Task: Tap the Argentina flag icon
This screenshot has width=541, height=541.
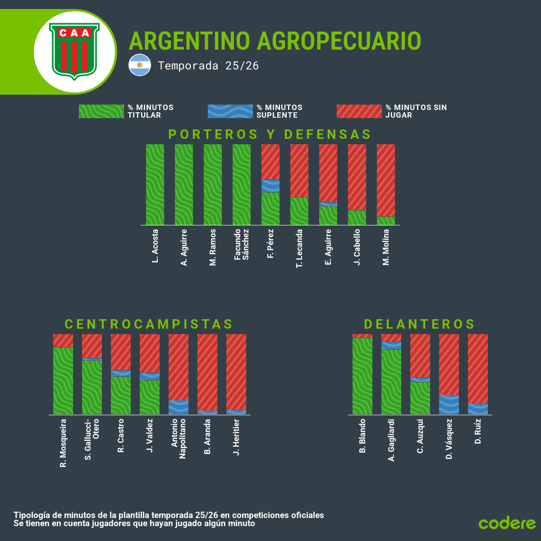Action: click(x=140, y=65)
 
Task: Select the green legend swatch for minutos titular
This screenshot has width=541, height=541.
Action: click(x=101, y=111)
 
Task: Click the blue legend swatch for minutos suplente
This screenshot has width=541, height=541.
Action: click(x=230, y=111)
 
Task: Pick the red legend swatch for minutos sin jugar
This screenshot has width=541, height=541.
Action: click(x=359, y=111)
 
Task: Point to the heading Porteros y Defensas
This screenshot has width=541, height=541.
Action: click(x=270, y=134)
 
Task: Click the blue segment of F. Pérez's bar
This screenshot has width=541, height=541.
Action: click(x=270, y=186)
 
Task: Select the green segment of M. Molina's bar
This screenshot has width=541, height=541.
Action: click(x=386, y=221)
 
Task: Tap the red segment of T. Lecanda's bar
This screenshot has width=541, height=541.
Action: click(x=299, y=170)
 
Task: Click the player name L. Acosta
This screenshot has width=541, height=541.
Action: click(x=155, y=246)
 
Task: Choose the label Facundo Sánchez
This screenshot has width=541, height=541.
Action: click(x=242, y=244)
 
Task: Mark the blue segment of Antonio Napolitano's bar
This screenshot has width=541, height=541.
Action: click(x=179, y=407)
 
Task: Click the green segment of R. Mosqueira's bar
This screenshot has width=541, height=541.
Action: click(x=63, y=381)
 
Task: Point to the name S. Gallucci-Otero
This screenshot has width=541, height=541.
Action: click(x=92, y=439)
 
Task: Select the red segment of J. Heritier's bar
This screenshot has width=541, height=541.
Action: click(x=236, y=372)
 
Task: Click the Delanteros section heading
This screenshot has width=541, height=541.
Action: click(x=419, y=324)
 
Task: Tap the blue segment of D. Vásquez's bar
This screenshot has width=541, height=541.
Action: click(x=449, y=404)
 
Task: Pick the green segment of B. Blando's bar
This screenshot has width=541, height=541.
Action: click(x=362, y=376)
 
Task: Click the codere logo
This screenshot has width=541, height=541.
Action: click(x=507, y=523)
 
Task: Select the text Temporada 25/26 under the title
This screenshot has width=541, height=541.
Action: click(x=208, y=66)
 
